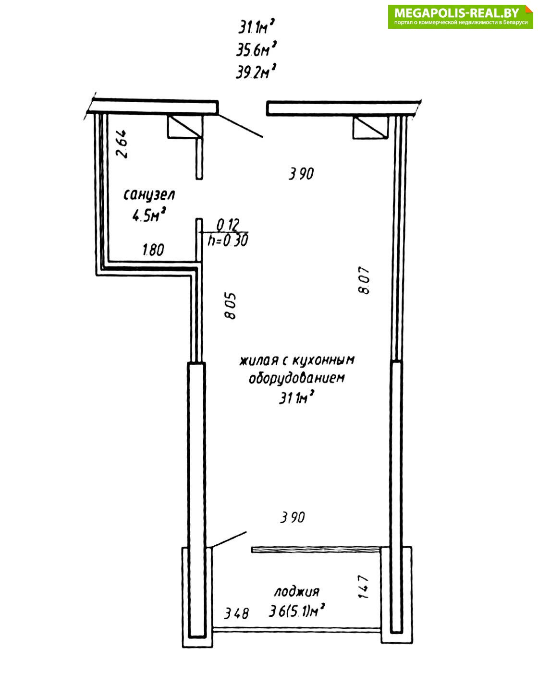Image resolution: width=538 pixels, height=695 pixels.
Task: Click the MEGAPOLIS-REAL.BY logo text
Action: coord(456,13)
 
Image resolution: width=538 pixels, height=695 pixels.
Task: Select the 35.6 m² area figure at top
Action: coord(256,49)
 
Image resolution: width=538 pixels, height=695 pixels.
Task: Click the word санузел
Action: coord(149,195)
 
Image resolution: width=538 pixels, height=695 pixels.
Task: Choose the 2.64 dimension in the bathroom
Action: coord(122,144)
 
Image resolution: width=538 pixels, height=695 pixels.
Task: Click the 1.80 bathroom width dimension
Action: coord(153,250)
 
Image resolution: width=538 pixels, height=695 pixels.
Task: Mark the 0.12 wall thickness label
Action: coord(228,225)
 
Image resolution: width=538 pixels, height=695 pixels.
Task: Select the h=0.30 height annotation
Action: coord(228,240)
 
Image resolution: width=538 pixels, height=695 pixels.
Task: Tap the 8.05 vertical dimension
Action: coord(231,306)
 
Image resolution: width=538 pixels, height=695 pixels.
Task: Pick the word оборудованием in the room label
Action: coord(297,378)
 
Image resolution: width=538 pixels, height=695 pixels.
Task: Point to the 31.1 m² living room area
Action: coord(296,398)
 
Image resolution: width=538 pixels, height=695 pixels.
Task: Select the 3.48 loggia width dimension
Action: coord(236,613)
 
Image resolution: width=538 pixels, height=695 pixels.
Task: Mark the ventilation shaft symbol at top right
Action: coord(370,127)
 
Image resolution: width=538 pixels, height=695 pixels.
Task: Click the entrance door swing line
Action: coord(241,126)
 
